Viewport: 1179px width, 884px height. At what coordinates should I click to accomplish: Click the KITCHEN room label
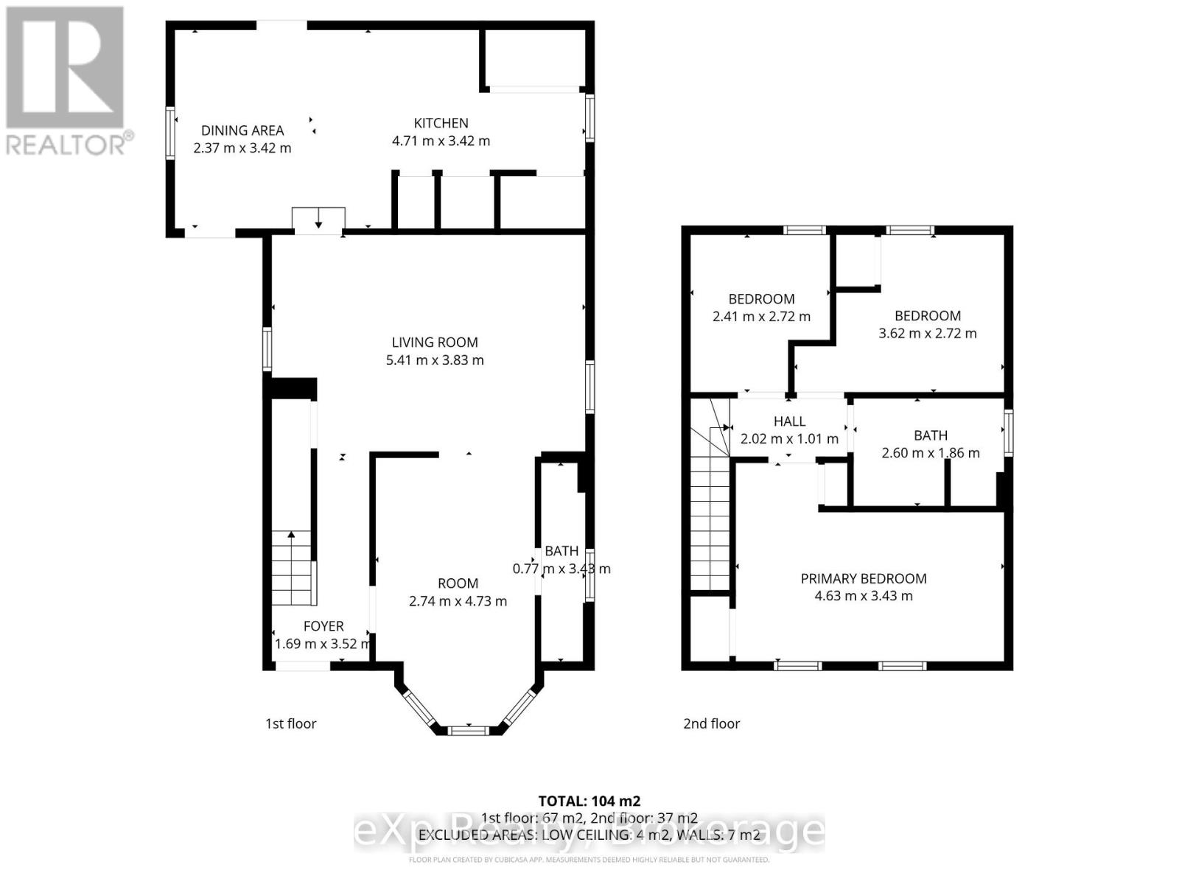[441, 123]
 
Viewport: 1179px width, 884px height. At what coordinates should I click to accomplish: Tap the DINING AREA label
[242, 130]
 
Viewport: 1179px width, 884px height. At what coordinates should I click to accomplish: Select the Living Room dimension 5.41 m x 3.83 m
[435, 360]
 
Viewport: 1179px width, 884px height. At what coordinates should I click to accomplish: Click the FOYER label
[323, 626]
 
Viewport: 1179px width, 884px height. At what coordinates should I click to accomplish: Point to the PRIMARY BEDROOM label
[864, 578]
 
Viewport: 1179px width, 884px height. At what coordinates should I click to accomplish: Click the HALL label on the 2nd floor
[789, 421]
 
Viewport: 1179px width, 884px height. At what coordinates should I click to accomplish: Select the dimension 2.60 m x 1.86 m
[931, 453]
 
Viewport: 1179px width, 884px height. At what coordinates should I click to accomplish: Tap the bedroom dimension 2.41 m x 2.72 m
[761, 317]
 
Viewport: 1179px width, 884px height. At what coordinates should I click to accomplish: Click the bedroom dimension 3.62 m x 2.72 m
[927, 334]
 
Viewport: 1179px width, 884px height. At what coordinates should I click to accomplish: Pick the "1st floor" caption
[290, 723]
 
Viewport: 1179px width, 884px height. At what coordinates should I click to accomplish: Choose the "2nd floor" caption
[711, 723]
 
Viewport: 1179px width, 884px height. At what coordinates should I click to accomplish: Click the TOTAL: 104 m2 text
[589, 801]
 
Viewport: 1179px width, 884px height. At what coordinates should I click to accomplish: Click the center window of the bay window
[469, 730]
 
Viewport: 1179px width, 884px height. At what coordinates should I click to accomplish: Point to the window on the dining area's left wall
[170, 132]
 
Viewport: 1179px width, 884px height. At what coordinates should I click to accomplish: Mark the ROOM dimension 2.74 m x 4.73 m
[458, 601]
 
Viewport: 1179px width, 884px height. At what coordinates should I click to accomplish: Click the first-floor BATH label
[561, 551]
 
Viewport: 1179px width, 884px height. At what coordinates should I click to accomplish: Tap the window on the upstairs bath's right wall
[1008, 433]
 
